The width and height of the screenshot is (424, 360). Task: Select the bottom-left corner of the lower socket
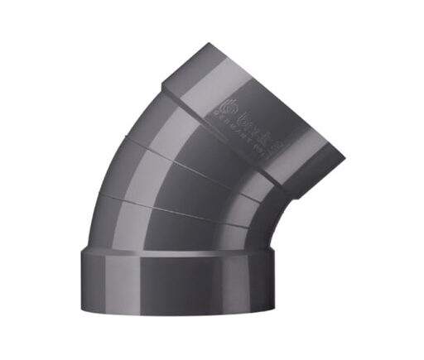tap(82, 309)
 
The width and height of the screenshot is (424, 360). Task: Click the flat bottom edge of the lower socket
tap(174, 314)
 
